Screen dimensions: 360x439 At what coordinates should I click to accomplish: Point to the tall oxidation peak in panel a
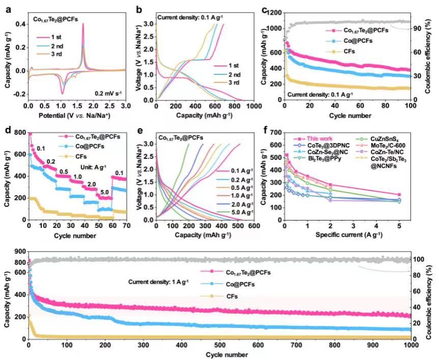[83, 24]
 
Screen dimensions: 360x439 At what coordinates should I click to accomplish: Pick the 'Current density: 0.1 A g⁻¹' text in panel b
[189, 18]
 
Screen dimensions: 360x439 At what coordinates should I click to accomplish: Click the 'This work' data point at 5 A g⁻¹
[399, 195]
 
